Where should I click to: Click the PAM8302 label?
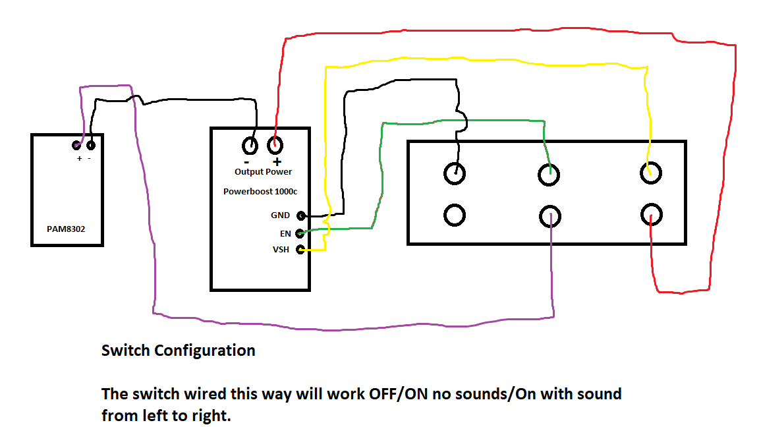pyautogui.click(x=66, y=229)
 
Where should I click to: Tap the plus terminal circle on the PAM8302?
pyautogui.click(x=76, y=145)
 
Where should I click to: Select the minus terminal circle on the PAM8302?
pyautogui.click(x=90, y=145)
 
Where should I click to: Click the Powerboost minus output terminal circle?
pyautogui.click(x=250, y=145)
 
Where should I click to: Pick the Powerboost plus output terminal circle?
pyautogui.click(x=275, y=145)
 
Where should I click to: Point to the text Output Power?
pyautogui.click(x=264, y=172)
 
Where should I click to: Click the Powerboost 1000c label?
pyautogui.click(x=260, y=192)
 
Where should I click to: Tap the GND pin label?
pyautogui.click(x=280, y=215)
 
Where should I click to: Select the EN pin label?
pyautogui.click(x=285, y=234)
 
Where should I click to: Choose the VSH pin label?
pyautogui.click(x=281, y=249)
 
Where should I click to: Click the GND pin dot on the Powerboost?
pyautogui.click(x=301, y=215)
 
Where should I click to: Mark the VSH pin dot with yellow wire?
pyautogui.click(x=300, y=249)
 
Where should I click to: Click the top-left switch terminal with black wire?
pyautogui.click(x=455, y=173)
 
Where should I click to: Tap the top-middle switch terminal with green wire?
pyautogui.click(x=549, y=174)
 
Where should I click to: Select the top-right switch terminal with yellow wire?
pyautogui.click(x=650, y=173)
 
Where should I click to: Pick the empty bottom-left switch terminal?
pyautogui.click(x=455, y=215)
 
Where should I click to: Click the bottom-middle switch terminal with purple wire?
pyautogui.click(x=550, y=216)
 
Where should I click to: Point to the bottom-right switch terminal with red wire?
pyautogui.click(x=652, y=214)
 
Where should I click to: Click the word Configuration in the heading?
pyautogui.click(x=205, y=351)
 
